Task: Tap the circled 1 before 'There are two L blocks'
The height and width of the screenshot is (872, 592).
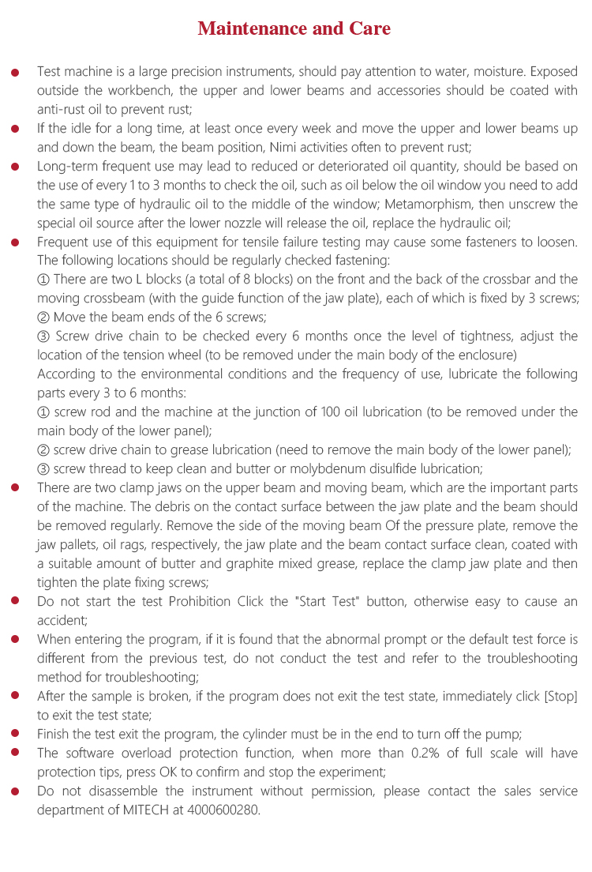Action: (x=43, y=280)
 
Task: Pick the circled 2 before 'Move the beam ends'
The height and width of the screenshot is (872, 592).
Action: (x=43, y=318)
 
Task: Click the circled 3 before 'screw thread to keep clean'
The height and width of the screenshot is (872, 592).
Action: (x=43, y=469)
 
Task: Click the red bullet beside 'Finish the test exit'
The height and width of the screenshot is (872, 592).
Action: (x=15, y=735)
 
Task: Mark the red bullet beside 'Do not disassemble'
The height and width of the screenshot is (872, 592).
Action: (x=15, y=791)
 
